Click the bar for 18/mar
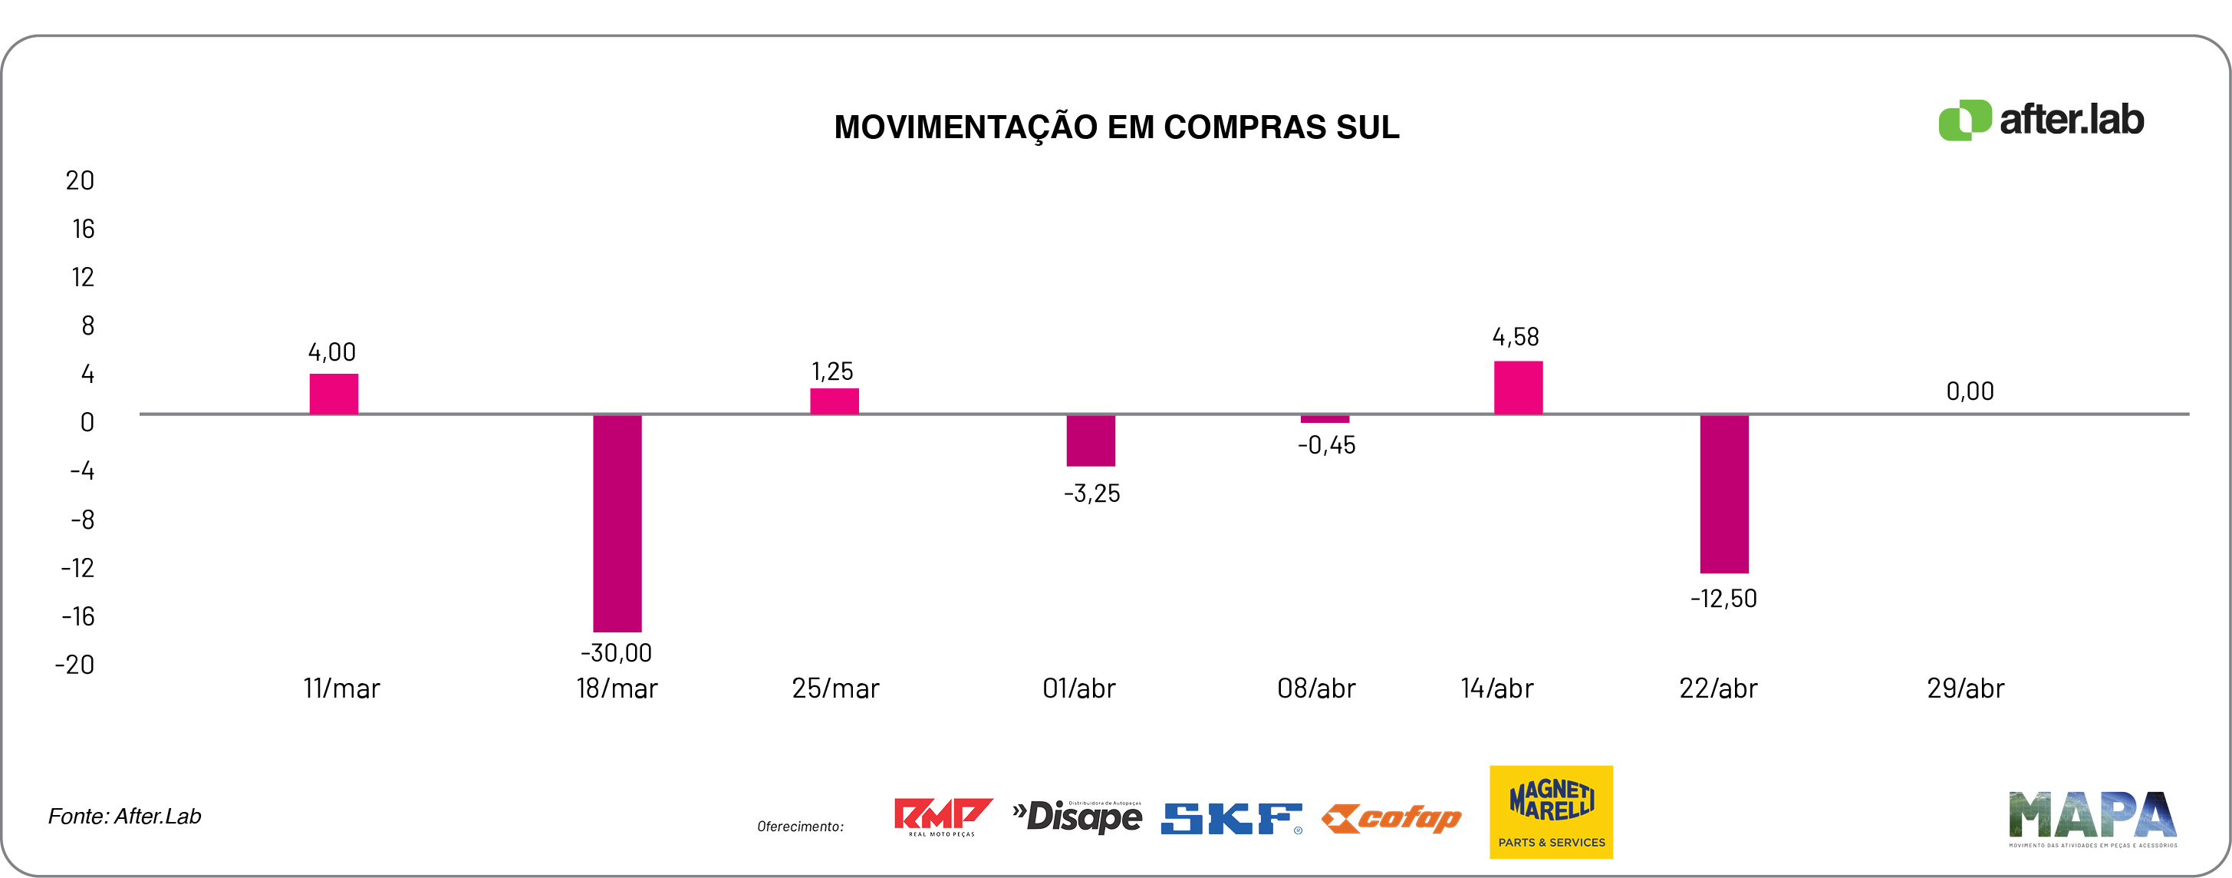pos(617,523)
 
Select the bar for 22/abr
pos(1723,493)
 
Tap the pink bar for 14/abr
pos(1518,388)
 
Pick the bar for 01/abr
pos(1090,441)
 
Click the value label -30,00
pos(616,652)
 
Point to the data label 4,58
pos(1516,337)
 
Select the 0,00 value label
pos(1970,391)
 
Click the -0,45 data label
pos(1325,445)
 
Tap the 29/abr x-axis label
pos(1965,689)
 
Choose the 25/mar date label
pos(835,689)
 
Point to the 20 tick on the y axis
pos(80,180)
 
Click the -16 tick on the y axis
pos(78,616)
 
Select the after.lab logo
pos(2040,120)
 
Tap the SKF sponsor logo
pos(1230,818)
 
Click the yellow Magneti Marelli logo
pos(1551,812)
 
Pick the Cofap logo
pos(1391,818)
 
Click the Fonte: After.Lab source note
pos(125,817)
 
